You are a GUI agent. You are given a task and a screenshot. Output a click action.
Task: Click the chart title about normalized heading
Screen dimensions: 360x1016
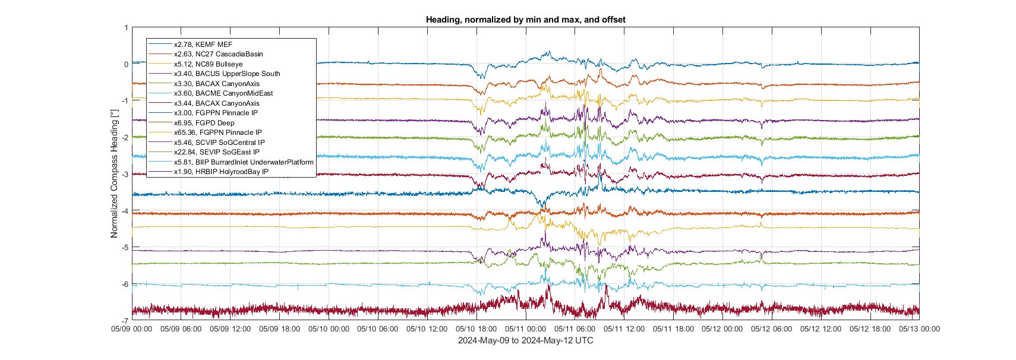(x=525, y=20)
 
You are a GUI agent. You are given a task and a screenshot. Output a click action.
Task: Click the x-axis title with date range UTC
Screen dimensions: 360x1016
(x=525, y=340)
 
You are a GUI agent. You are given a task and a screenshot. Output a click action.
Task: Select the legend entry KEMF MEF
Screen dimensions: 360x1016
(x=203, y=45)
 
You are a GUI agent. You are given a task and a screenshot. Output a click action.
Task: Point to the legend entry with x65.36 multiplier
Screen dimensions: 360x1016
(x=217, y=132)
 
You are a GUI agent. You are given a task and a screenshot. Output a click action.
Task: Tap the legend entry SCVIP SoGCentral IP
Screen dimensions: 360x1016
(x=219, y=143)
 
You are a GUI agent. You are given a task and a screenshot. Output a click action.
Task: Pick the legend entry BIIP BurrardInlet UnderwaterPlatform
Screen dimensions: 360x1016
(x=243, y=162)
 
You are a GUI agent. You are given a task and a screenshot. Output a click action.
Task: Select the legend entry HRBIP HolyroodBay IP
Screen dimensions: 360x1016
(x=221, y=172)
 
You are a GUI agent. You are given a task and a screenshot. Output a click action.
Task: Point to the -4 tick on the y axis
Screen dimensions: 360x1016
(x=124, y=211)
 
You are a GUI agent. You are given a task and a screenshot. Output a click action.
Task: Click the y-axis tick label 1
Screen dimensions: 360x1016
(x=126, y=28)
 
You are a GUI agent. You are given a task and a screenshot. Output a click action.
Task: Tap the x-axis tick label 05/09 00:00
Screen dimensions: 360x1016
(x=132, y=329)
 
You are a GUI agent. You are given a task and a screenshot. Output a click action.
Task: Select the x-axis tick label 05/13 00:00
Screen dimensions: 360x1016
(x=919, y=329)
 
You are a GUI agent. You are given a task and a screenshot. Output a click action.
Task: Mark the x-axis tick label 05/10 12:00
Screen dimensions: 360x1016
(x=427, y=329)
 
